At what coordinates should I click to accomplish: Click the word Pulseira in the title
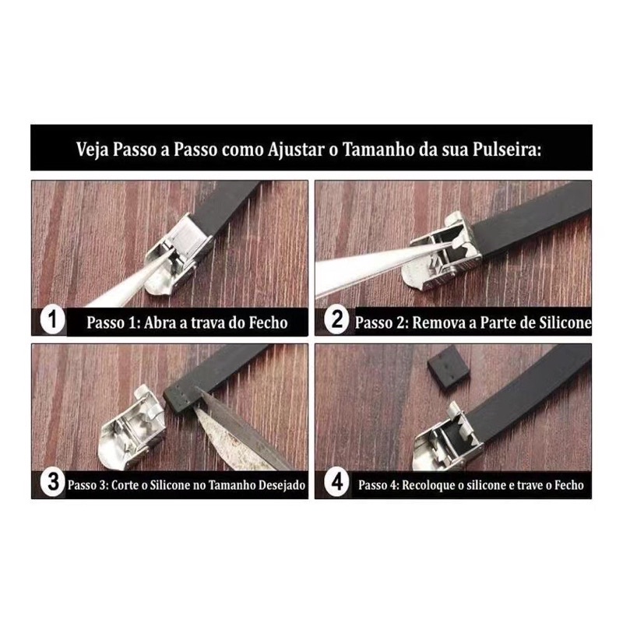click(507, 150)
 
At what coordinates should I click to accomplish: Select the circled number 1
click(53, 319)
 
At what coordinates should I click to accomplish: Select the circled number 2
click(337, 319)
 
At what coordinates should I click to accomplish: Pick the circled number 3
click(53, 483)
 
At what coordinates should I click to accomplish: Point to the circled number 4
click(337, 483)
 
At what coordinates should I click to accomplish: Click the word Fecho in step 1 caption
click(268, 322)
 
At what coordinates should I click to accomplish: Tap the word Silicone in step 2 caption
click(564, 322)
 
